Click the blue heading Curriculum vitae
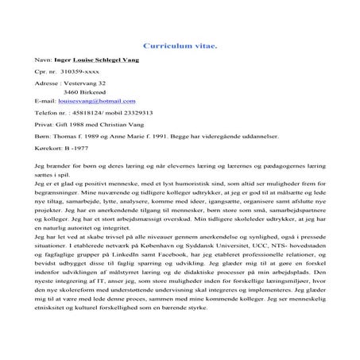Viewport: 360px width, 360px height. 179,46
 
